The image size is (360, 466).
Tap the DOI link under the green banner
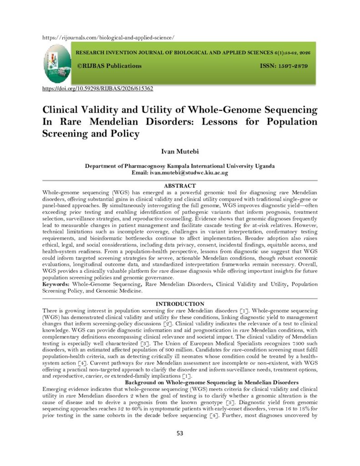98,88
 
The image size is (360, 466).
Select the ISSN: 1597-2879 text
284,66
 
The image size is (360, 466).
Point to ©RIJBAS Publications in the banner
109,66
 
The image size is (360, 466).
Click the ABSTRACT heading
179,186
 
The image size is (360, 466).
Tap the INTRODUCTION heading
179,304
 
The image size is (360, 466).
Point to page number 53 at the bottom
180,433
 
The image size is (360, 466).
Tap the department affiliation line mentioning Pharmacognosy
179,167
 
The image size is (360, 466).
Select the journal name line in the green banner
193,53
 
